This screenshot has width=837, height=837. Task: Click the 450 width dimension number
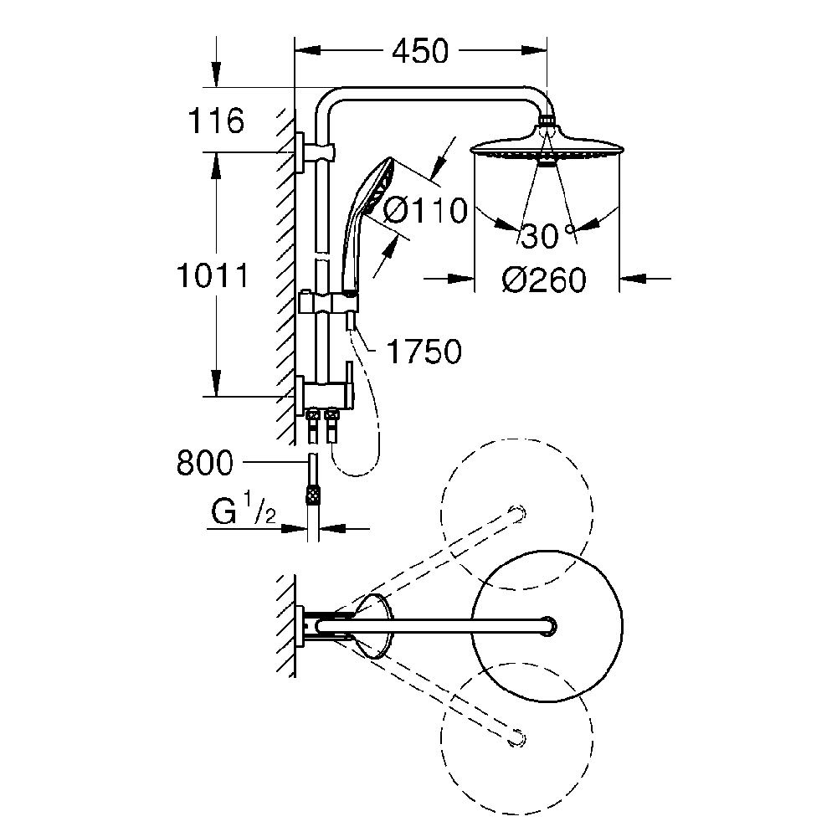tap(421, 52)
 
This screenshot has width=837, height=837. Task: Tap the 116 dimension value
tap(216, 121)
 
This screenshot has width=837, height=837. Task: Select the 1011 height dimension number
tap(213, 276)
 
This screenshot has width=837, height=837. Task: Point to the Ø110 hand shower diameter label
tap(425, 210)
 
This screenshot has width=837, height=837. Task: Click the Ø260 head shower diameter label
tap(544, 280)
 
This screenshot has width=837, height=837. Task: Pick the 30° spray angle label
tap(548, 235)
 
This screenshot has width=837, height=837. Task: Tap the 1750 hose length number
tap(424, 352)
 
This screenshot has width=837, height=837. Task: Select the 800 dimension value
tap(205, 463)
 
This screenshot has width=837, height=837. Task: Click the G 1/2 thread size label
tap(244, 509)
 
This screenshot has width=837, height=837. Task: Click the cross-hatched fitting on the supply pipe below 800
tap(313, 495)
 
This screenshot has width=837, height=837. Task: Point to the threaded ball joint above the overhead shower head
tap(547, 120)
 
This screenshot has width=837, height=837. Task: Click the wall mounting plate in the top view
tap(300, 625)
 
